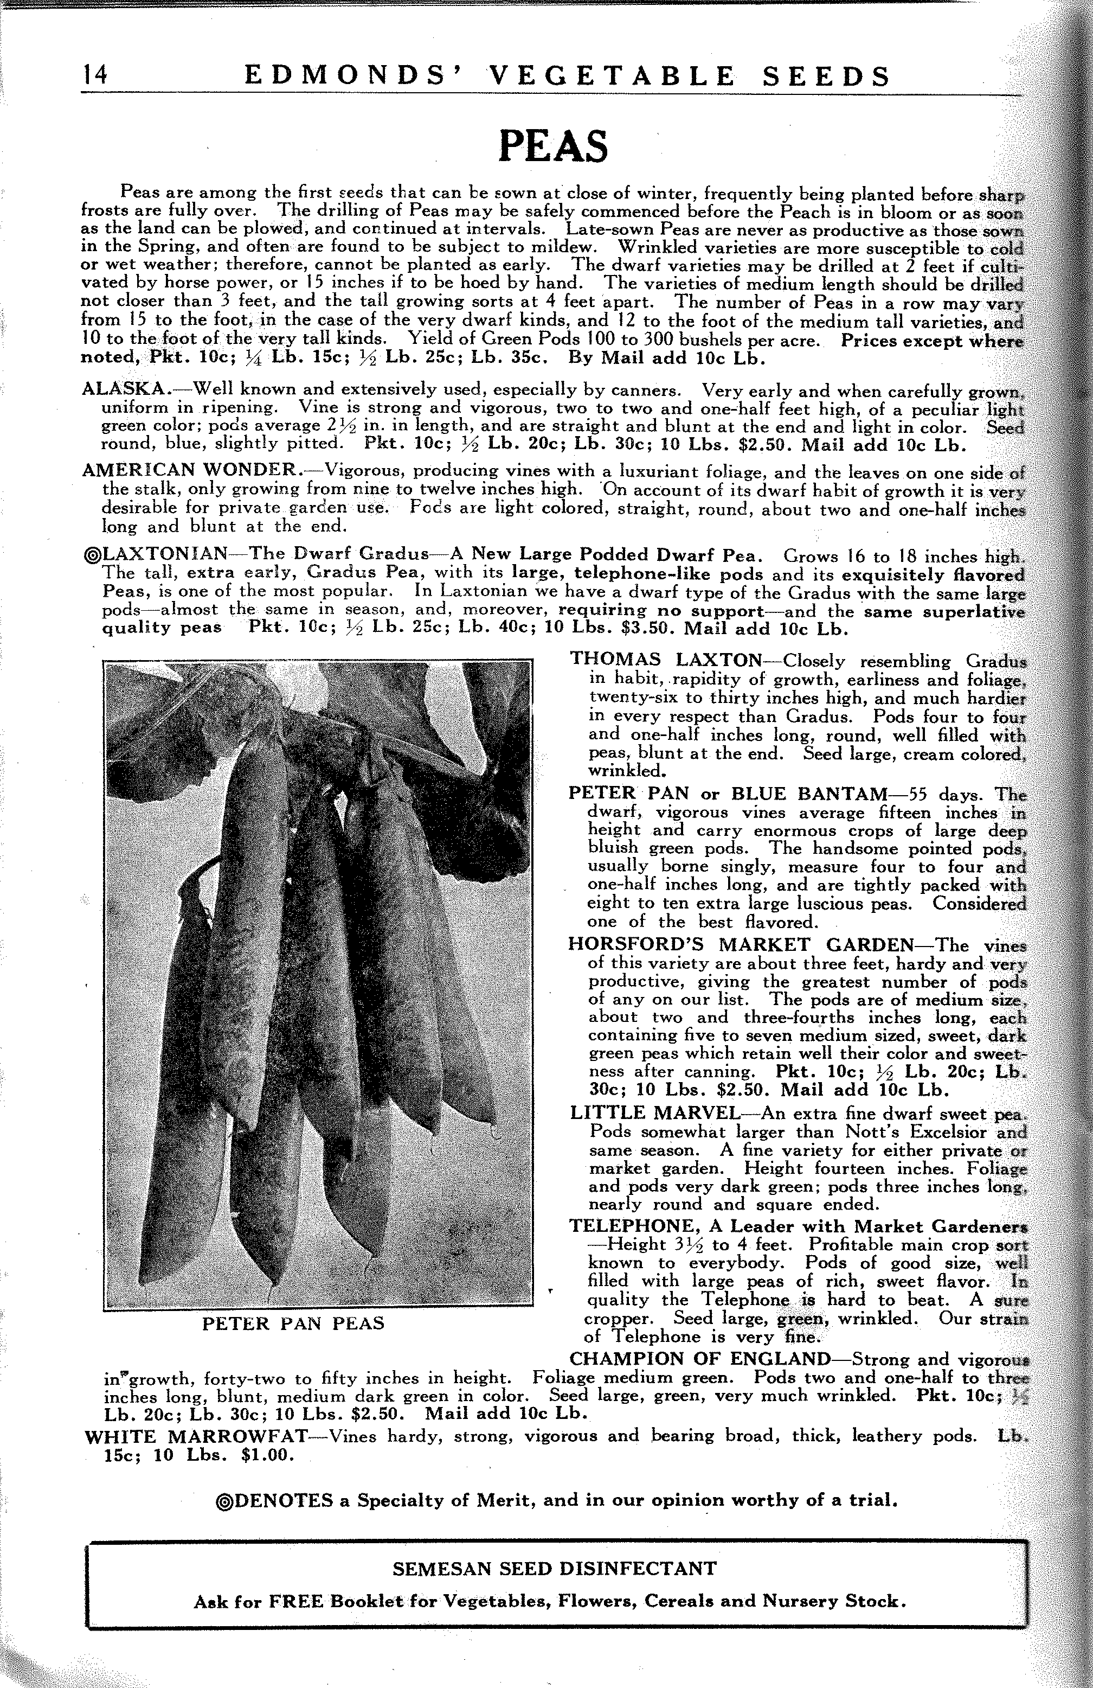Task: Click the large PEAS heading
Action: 553,145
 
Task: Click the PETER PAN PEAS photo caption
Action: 293,1323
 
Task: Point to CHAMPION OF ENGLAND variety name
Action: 700,1359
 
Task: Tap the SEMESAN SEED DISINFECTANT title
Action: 554,1568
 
